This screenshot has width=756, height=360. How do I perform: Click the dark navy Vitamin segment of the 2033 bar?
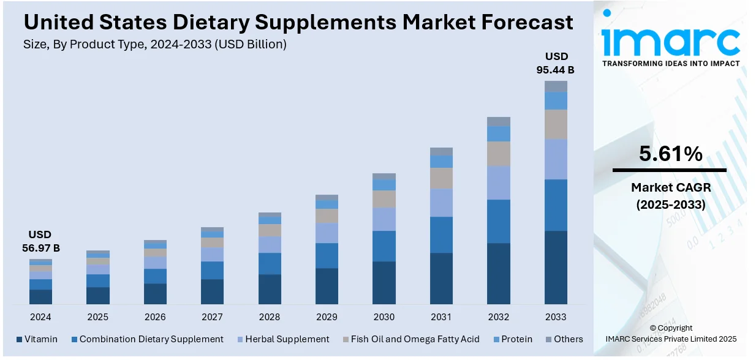pos(556,267)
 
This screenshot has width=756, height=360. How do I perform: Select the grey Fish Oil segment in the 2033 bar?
pos(556,124)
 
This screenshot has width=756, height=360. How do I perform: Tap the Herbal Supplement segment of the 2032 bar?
pos(499,182)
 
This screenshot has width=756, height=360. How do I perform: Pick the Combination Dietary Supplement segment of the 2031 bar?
pos(441,234)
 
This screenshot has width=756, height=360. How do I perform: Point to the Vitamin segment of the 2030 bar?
pos(384,282)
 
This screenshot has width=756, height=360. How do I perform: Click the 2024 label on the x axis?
pos(40,317)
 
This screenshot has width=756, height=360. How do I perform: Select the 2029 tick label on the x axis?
pos(327,317)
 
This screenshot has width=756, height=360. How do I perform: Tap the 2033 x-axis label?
pos(556,317)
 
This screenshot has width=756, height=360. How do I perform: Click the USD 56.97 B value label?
pos(40,241)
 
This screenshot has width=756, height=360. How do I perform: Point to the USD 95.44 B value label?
pos(556,63)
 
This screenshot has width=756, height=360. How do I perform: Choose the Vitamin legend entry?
pos(37,339)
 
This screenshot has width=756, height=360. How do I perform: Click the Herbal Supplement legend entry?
pos(282,339)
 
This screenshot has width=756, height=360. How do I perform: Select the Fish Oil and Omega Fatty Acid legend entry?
pos(410,339)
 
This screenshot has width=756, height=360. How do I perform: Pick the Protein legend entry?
pos(512,339)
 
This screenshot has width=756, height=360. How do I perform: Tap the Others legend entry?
pos(562,339)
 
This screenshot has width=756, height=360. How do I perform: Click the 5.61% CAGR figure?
pos(670,154)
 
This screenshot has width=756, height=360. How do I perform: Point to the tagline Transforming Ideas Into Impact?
pos(671,64)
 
